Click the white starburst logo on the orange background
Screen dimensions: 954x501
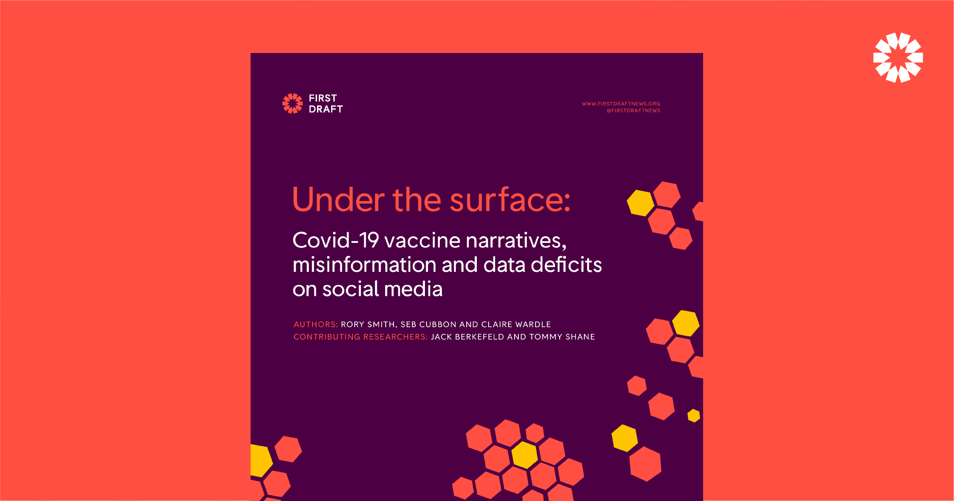click(x=898, y=58)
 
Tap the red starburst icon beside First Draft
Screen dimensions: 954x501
click(x=293, y=103)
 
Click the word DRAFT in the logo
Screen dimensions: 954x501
click(x=326, y=109)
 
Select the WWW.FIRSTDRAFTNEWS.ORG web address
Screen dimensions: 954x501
click(x=621, y=104)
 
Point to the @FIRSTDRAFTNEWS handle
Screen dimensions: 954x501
click(x=633, y=111)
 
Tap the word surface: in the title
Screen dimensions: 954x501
click(x=510, y=199)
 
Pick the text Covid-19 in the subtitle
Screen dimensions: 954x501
click(x=336, y=240)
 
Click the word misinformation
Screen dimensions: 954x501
click(x=364, y=265)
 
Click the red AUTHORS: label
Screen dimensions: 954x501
click(x=315, y=324)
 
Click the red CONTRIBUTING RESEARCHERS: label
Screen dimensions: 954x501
click(x=360, y=337)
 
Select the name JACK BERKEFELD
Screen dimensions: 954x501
click(x=467, y=337)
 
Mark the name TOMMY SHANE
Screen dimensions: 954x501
click(x=562, y=337)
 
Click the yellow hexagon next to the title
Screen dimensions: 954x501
click(x=640, y=203)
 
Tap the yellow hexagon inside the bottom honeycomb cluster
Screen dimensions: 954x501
click(x=524, y=455)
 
